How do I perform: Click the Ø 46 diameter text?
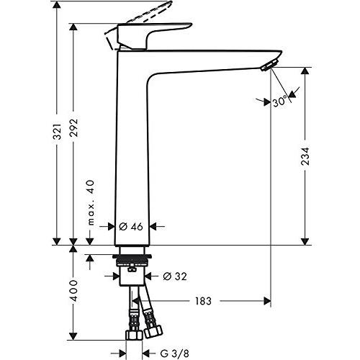132,226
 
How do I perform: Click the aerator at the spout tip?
268,66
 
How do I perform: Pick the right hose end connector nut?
153,333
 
